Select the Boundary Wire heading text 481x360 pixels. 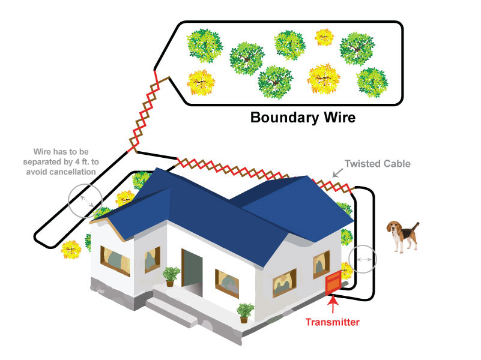(303, 117)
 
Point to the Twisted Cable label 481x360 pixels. (377, 163)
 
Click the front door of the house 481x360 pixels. (192, 271)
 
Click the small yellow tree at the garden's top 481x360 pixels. (325, 38)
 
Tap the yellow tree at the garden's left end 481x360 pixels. (201, 83)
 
